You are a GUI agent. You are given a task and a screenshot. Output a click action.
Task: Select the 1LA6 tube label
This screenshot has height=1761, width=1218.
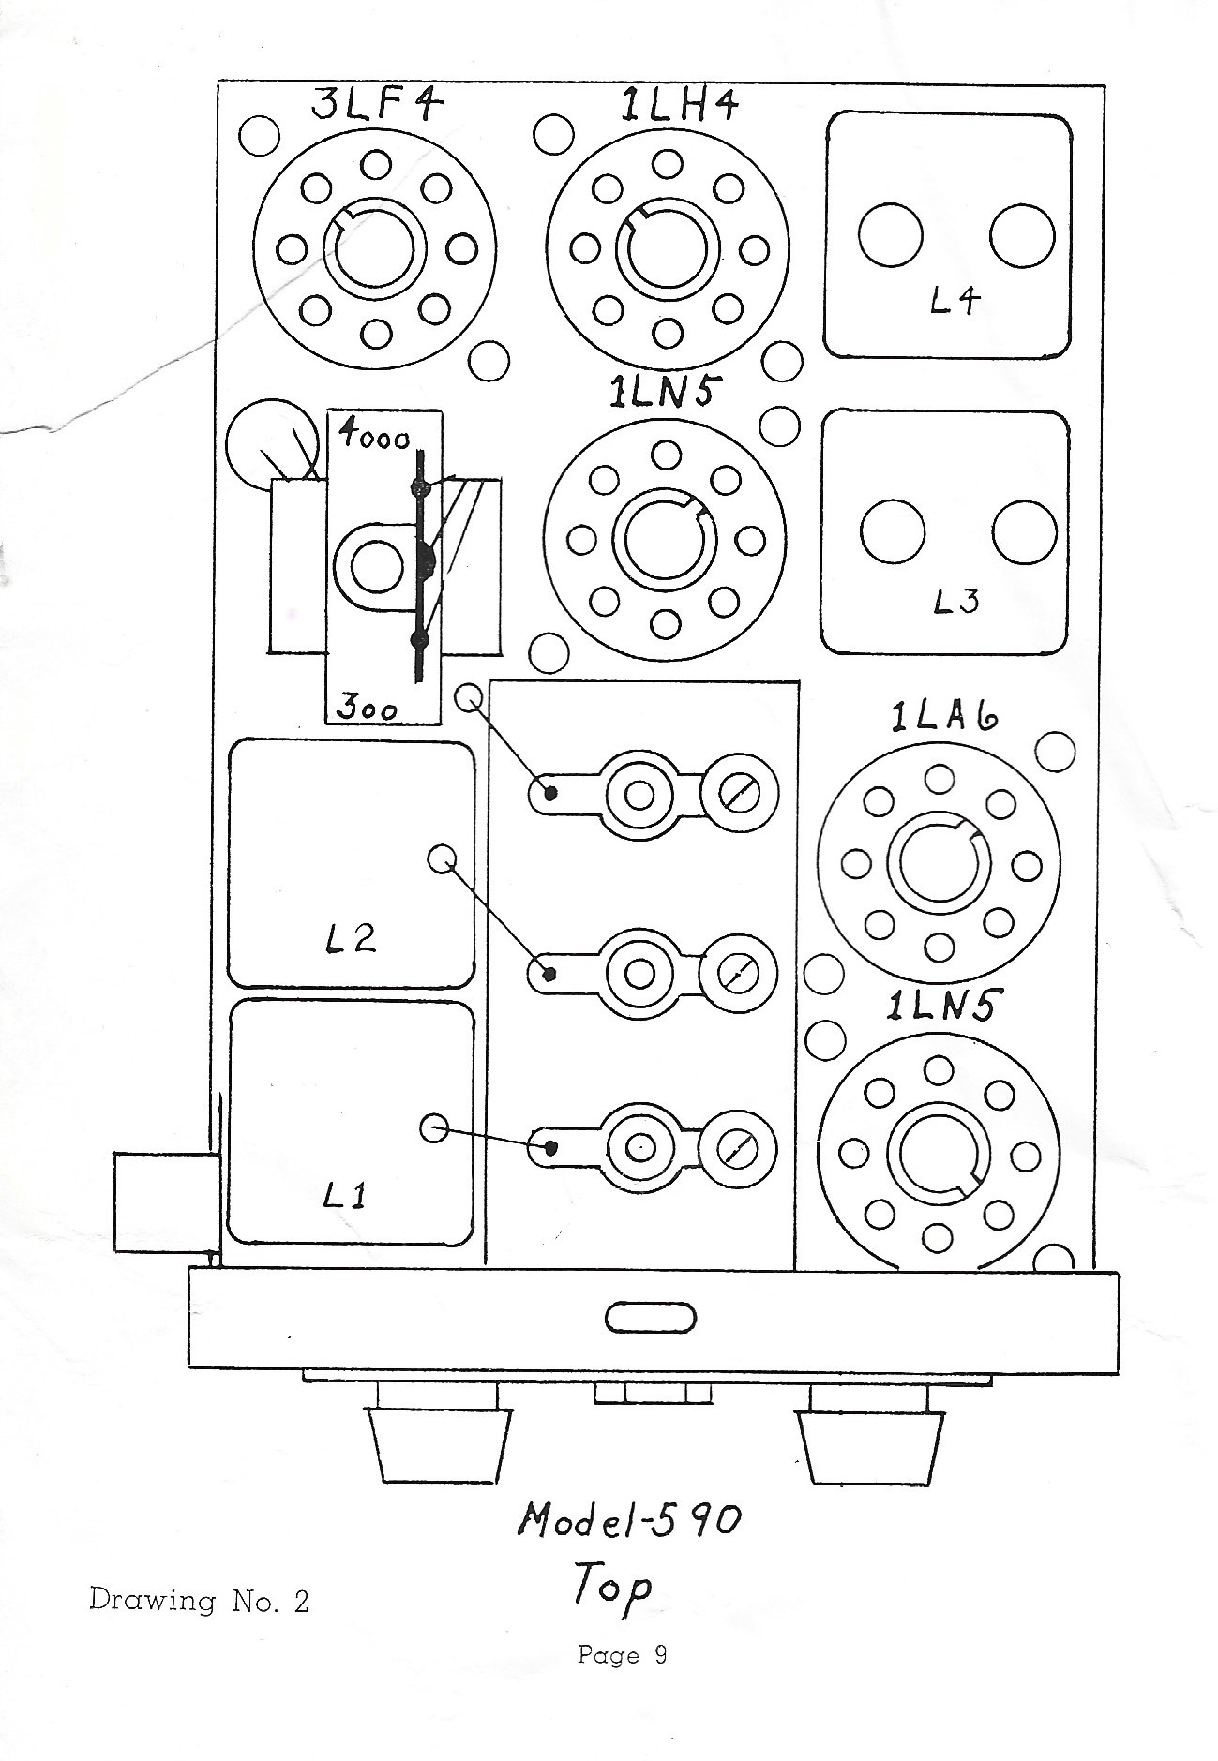point(944,717)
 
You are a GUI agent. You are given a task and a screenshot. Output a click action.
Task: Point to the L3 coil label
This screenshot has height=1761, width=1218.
point(955,600)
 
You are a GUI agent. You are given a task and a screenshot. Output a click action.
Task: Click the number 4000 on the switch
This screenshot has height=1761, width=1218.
point(374,436)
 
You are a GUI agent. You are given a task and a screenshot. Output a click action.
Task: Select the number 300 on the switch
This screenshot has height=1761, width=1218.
point(368,708)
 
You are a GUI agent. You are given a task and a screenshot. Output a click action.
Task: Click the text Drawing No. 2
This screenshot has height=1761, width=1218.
point(199,1600)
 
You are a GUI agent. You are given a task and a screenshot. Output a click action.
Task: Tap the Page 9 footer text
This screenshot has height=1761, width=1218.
point(622,1655)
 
